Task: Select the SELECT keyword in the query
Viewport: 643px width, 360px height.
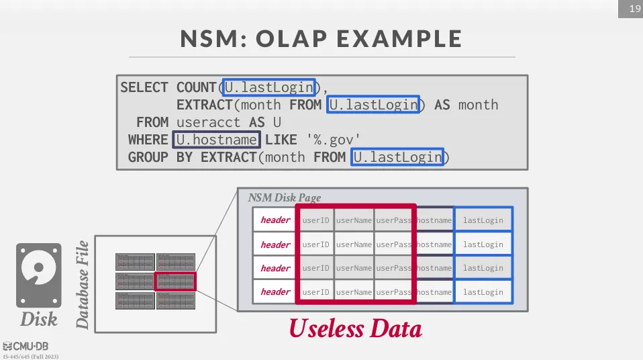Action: [144, 87]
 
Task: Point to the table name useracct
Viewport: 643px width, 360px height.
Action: [207, 122]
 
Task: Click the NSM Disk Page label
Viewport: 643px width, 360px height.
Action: [285, 198]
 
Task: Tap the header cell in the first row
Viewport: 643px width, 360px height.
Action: [275, 220]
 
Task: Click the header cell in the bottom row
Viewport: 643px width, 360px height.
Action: [275, 292]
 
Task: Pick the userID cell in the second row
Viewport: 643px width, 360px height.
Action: [316, 244]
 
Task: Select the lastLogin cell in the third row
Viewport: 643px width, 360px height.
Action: [483, 268]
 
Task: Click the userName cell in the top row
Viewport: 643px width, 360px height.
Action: [354, 220]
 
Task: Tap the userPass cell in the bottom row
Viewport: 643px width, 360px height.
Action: [394, 292]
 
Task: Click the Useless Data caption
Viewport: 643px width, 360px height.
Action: [355, 329]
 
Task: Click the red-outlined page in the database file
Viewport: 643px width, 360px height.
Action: [175, 281]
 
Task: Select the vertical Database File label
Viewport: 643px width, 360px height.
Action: [83, 284]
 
